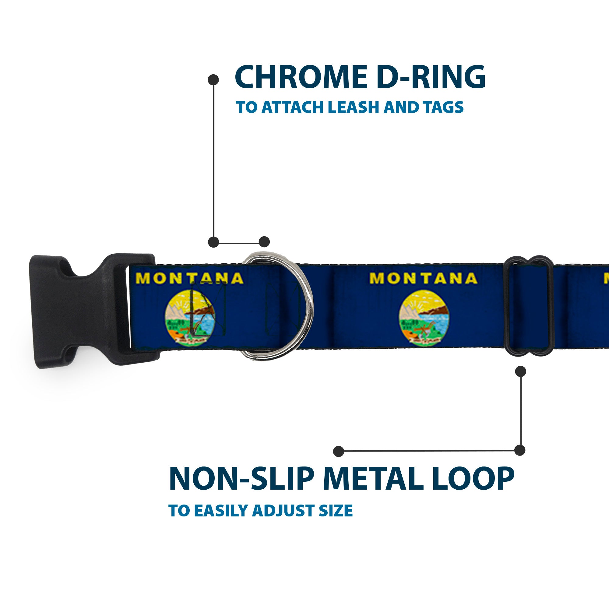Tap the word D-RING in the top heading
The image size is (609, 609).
click(430, 77)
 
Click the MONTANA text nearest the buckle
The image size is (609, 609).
click(190, 278)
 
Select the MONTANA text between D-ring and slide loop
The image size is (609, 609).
click(423, 278)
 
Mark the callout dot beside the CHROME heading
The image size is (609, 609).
click(213, 80)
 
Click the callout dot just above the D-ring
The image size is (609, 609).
click(264, 242)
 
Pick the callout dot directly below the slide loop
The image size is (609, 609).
click(520, 371)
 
